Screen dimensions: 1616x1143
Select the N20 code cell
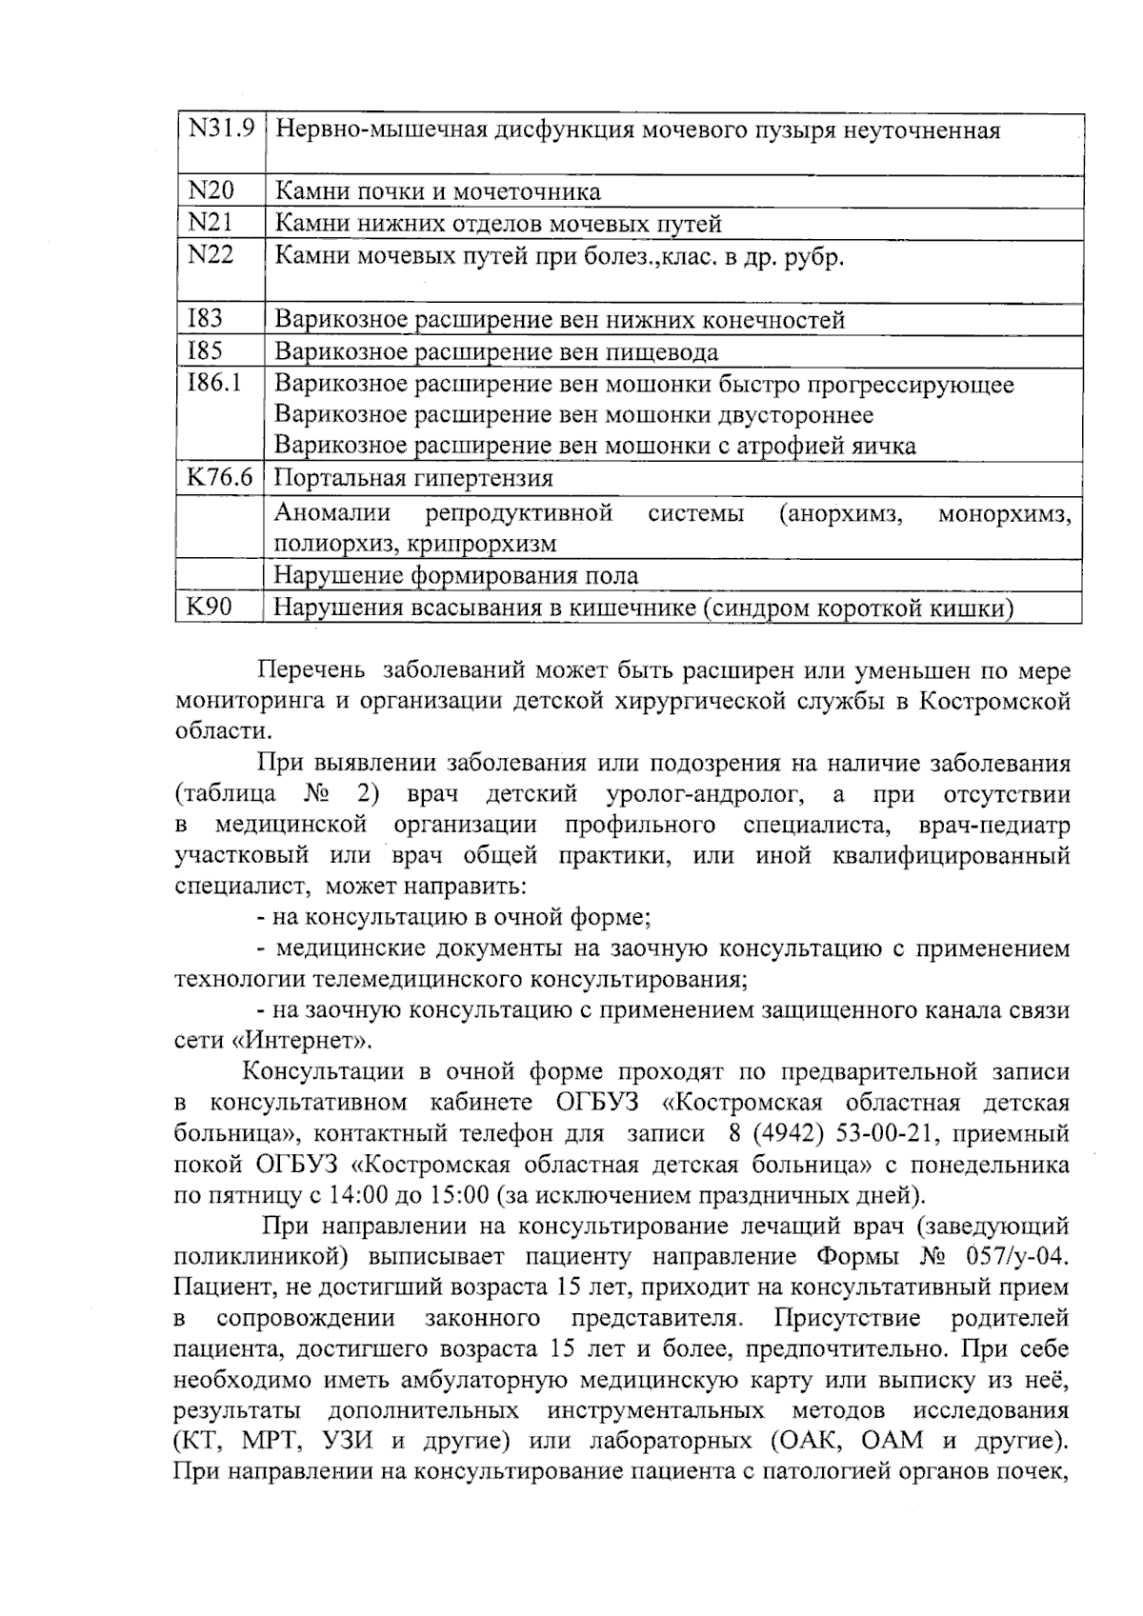click(x=211, y=191)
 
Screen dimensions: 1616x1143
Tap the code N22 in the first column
click(x=211, y=255)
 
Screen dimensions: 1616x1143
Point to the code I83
click(x=206, y=319)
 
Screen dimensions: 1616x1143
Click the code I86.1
click(x=215, y=384)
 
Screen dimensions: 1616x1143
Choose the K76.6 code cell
click(x=220, y=478)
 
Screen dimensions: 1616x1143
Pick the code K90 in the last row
click(x=210, y=607)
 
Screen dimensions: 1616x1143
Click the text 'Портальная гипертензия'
click(x=413, y=478)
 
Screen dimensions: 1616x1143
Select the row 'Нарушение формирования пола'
click(x=456, y=576)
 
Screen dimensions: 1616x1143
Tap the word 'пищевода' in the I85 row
click(x=663, y=352)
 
